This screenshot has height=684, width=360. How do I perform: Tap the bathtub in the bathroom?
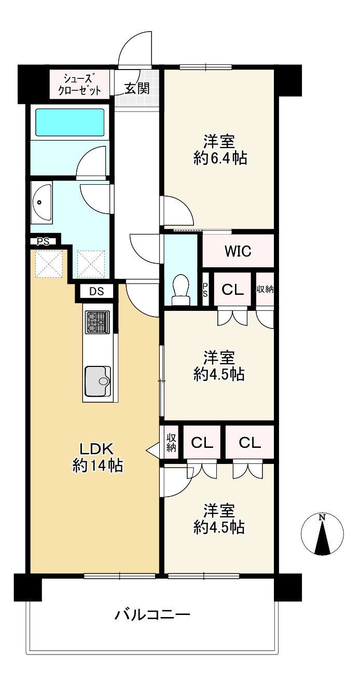(x=70, y=122)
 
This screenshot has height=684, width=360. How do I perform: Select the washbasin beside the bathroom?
(x=41, y=202)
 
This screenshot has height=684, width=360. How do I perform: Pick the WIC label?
(x=238, y=251)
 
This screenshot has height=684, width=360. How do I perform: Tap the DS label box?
(x=96, y=292)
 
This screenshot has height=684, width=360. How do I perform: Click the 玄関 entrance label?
(x=137, y=88)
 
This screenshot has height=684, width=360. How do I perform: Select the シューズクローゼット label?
(x=79, y=85)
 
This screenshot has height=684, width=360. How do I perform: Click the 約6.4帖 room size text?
(x=220, y=158)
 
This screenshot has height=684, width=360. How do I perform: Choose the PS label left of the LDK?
(x=43, y=241)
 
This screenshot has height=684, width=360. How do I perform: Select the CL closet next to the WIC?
(x=232, y=290)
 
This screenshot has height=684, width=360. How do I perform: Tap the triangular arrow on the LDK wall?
(x=153, y=450)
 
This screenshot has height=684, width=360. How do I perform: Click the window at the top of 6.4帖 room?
(x=205, y=67)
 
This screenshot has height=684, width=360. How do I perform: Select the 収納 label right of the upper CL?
(x=265, y=289)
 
